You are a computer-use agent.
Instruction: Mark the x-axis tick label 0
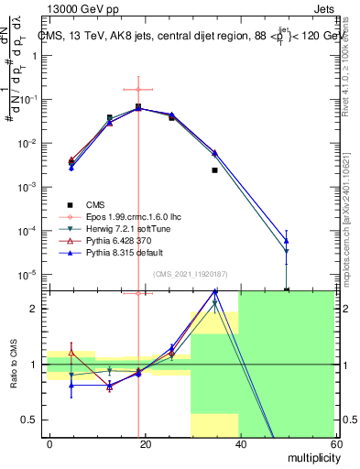49,442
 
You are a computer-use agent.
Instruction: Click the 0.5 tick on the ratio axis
32,420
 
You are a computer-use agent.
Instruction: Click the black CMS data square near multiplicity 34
214,170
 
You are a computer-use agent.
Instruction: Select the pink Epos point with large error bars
138,90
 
